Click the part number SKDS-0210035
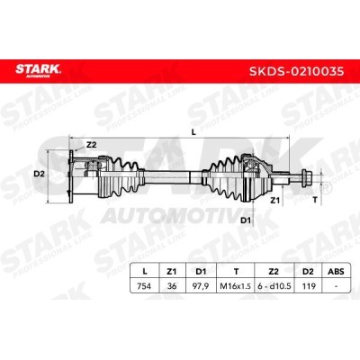pos(297,71)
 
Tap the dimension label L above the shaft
pos(193,132)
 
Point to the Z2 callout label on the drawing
pos(91,145)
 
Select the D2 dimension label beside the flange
pos(39,174)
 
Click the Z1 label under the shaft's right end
pos(274,201)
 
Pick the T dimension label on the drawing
pos(315,200)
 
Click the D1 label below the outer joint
pos(246,220)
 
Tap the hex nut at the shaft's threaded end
pos(307,175)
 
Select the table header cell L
pos(145,272)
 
